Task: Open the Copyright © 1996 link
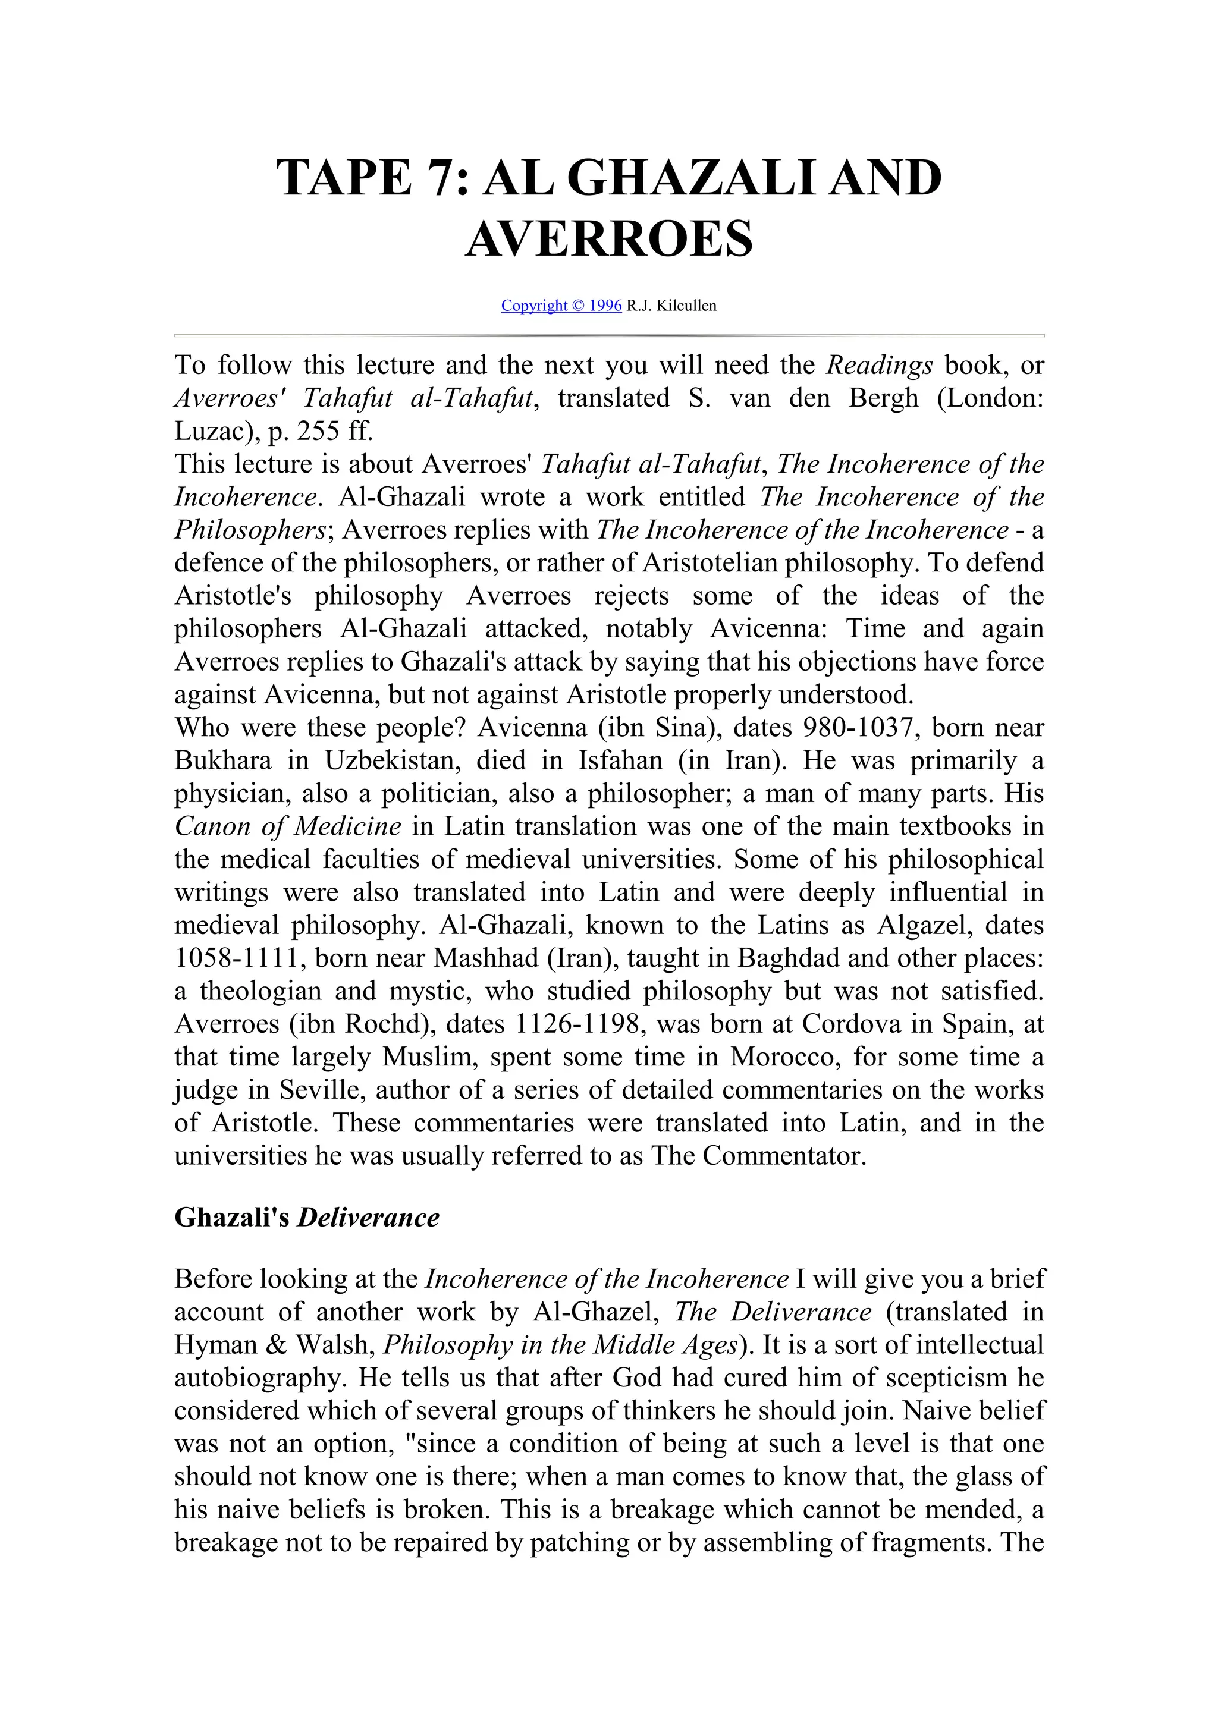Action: pyautogui.click(x=561, y=306)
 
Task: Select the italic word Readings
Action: pyautogui.click(x=880, y=366)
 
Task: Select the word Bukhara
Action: pyautogui.click(x=223, y=761)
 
